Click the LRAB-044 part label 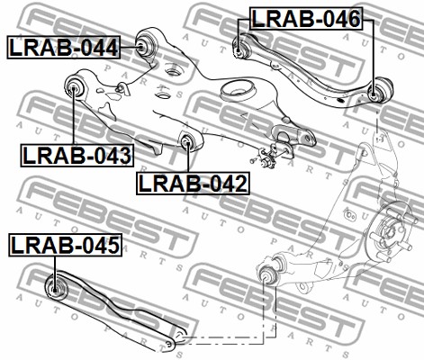(64, 47)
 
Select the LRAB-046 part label (306, 19)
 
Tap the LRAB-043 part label (77, 156)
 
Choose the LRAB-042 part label (193, 184)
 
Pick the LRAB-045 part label (65, 245)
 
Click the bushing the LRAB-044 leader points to (145, 45)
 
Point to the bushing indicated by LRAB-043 (74, 86)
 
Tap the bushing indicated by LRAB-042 (187, 141)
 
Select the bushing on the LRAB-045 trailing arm (56, 287)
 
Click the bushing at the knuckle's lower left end (267, 274)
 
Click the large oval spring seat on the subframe (239, 91)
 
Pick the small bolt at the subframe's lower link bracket (253, 161)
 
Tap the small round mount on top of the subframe (172, 73)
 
